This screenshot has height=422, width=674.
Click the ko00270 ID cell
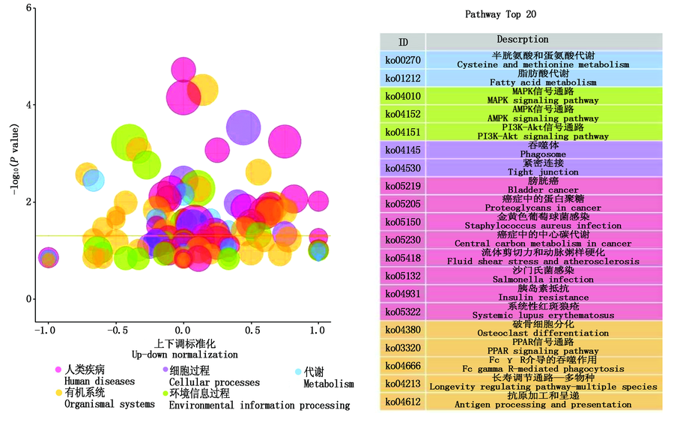click(x=402, y=60)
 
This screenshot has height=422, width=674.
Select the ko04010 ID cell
click(x=402, y=96)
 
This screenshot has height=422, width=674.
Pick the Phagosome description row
click(x=543, y=150)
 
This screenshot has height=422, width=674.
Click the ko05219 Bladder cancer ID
click(x=402, y=186)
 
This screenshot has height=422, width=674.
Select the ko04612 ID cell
click(x=402, y=401)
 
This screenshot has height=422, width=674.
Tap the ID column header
click(x=403, y=42)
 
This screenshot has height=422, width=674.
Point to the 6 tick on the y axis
click(x=28, y=8)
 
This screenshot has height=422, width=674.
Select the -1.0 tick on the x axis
click(x=46, y=329)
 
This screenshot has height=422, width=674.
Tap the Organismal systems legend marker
click(x=58, y=393)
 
